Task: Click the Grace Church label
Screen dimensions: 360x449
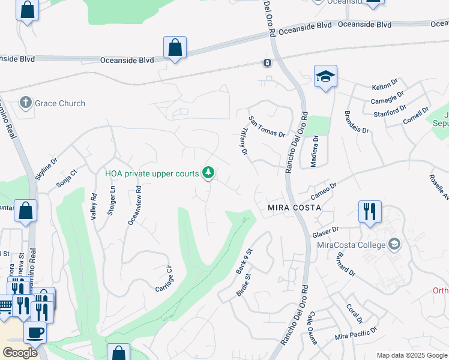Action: pyautogui.click(x=60, y=103)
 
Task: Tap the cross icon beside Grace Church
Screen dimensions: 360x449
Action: pyautogui.click(x=26, y=103)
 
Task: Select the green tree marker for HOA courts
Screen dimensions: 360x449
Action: pyautogui.click(x=208, y=173)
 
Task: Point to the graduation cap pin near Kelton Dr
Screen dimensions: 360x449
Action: pyautogui.click(x=325, y=76)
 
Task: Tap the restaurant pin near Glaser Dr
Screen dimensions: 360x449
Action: pyautogui.click(x=370, y=211)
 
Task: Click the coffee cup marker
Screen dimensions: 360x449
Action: pyautogui.click(x=35, y=332)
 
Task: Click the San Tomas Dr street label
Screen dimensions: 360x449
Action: pyautogui.click(x=267, y=127)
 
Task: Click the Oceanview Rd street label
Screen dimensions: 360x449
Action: pyautogui.click(x=134, y=205)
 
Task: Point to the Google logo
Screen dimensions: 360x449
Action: pyautogui.click(x=20, y=353)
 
